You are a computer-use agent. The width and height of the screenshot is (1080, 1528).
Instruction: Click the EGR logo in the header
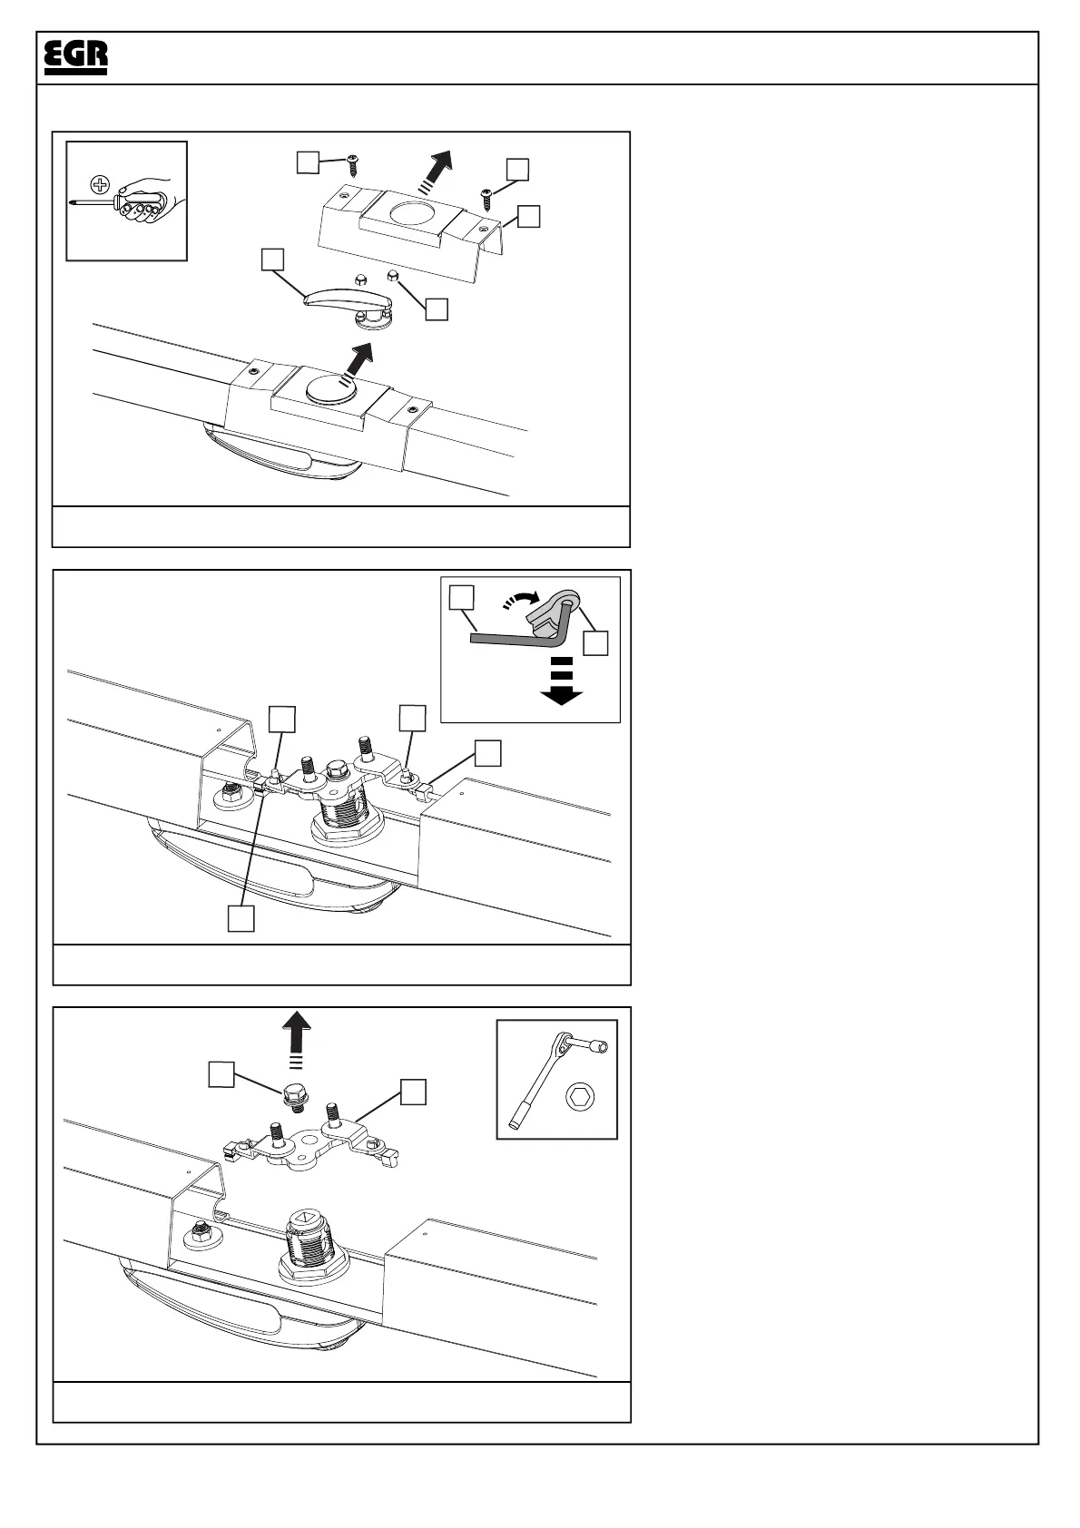pyautogui.click(x=76, y=58)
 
